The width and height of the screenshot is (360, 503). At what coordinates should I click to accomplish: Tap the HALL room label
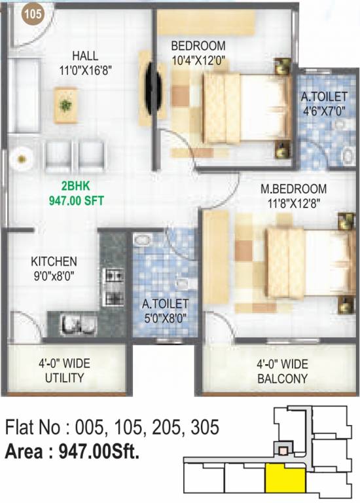click(x=85, y=56)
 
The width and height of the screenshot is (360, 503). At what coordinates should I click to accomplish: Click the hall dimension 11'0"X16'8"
click(x=85, y=69)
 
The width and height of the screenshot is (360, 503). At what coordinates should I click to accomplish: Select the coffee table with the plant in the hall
click(x=65, y=103)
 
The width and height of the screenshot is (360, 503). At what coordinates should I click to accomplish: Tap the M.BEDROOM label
click(x=293, y=189)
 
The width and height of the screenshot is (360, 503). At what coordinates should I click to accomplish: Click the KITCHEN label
click(x=54, y=261)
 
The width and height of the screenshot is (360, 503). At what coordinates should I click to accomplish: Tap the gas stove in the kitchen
click(x=114, y=288)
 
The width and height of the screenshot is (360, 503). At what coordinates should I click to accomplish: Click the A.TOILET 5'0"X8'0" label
click(x=166, y=310)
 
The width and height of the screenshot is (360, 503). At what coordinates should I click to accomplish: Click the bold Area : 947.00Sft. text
click(x=72, y=451)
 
